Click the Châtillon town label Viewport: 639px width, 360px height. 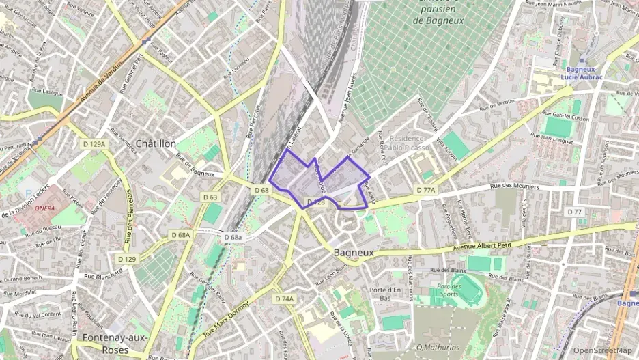tap(156, 143)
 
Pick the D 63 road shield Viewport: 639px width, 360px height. tap(210, 198)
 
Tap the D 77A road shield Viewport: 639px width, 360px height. tap(425, 189)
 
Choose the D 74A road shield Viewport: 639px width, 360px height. tap(284, 299)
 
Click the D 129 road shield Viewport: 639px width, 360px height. tap(126, 259)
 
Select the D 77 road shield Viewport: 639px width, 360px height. tap(574, 212)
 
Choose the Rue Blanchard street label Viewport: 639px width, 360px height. tap(102, 273)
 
